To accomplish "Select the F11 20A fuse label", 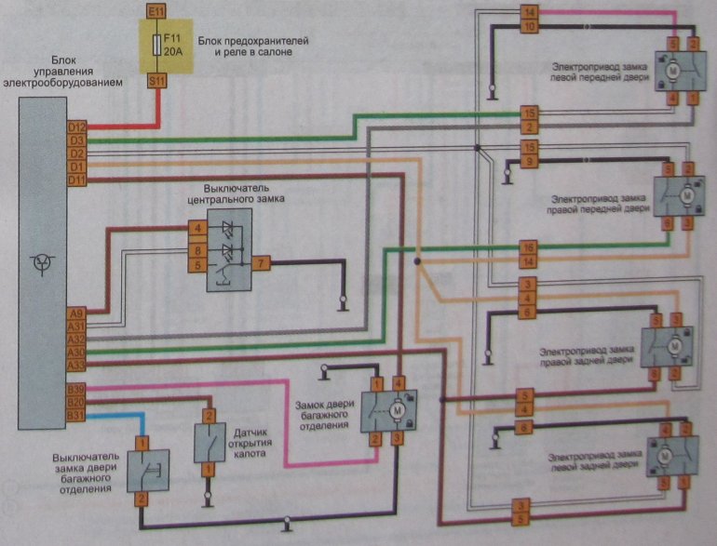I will (x=173, y=47).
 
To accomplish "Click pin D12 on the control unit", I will (x=76, y=127).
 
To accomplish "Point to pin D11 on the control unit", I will (x=76, y=179).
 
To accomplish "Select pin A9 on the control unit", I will (x=76, y=313).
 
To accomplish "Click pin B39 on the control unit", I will (x=76, y=388).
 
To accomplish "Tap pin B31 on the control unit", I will (x=76, y=414).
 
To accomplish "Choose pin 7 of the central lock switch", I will (x=263, y=264).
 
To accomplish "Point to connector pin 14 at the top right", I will (x=529, y=12).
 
